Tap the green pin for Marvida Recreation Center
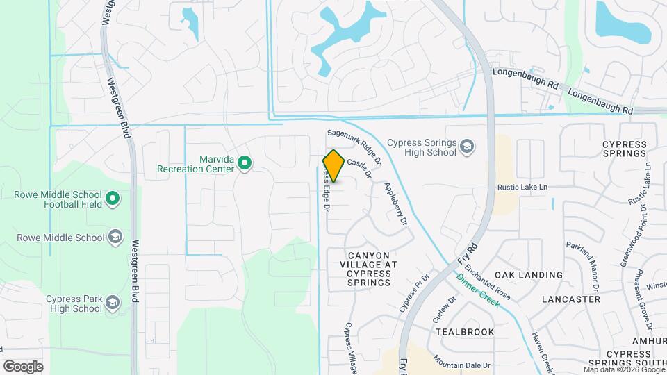point(245,164)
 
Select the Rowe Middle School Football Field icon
point(113,201)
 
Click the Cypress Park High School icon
point(113,303)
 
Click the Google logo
point(23,366)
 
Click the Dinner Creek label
point(478,291)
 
